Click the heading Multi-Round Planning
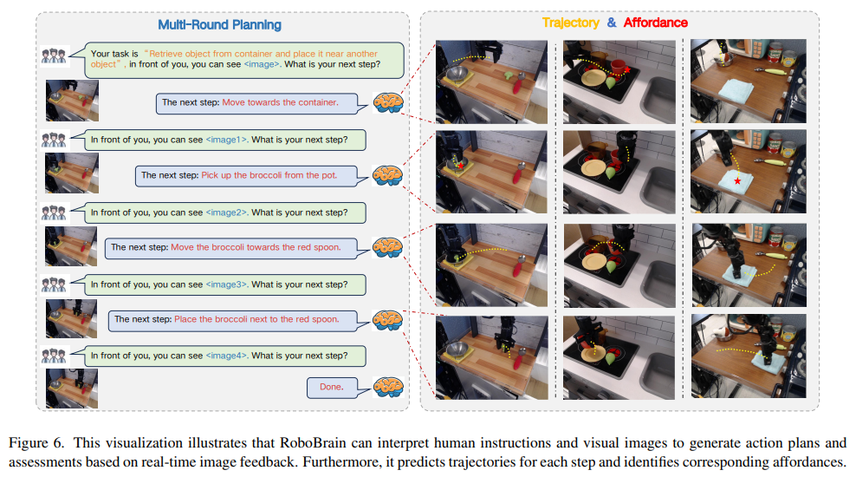pos(219,24)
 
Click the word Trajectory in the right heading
pos(570,23)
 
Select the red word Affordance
pos(656,23)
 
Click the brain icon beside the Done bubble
pos(388,387)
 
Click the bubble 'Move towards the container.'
pos(262,103)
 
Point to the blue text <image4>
pos(226,356)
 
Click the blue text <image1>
pos(226,140)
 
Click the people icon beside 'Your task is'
pos(54,56)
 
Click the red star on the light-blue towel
pos(737,181)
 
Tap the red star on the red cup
pos(627,70)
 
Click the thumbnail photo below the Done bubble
pos(72,389)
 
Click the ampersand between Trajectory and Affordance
pos(612,23)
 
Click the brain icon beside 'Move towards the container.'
pos(388,102)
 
